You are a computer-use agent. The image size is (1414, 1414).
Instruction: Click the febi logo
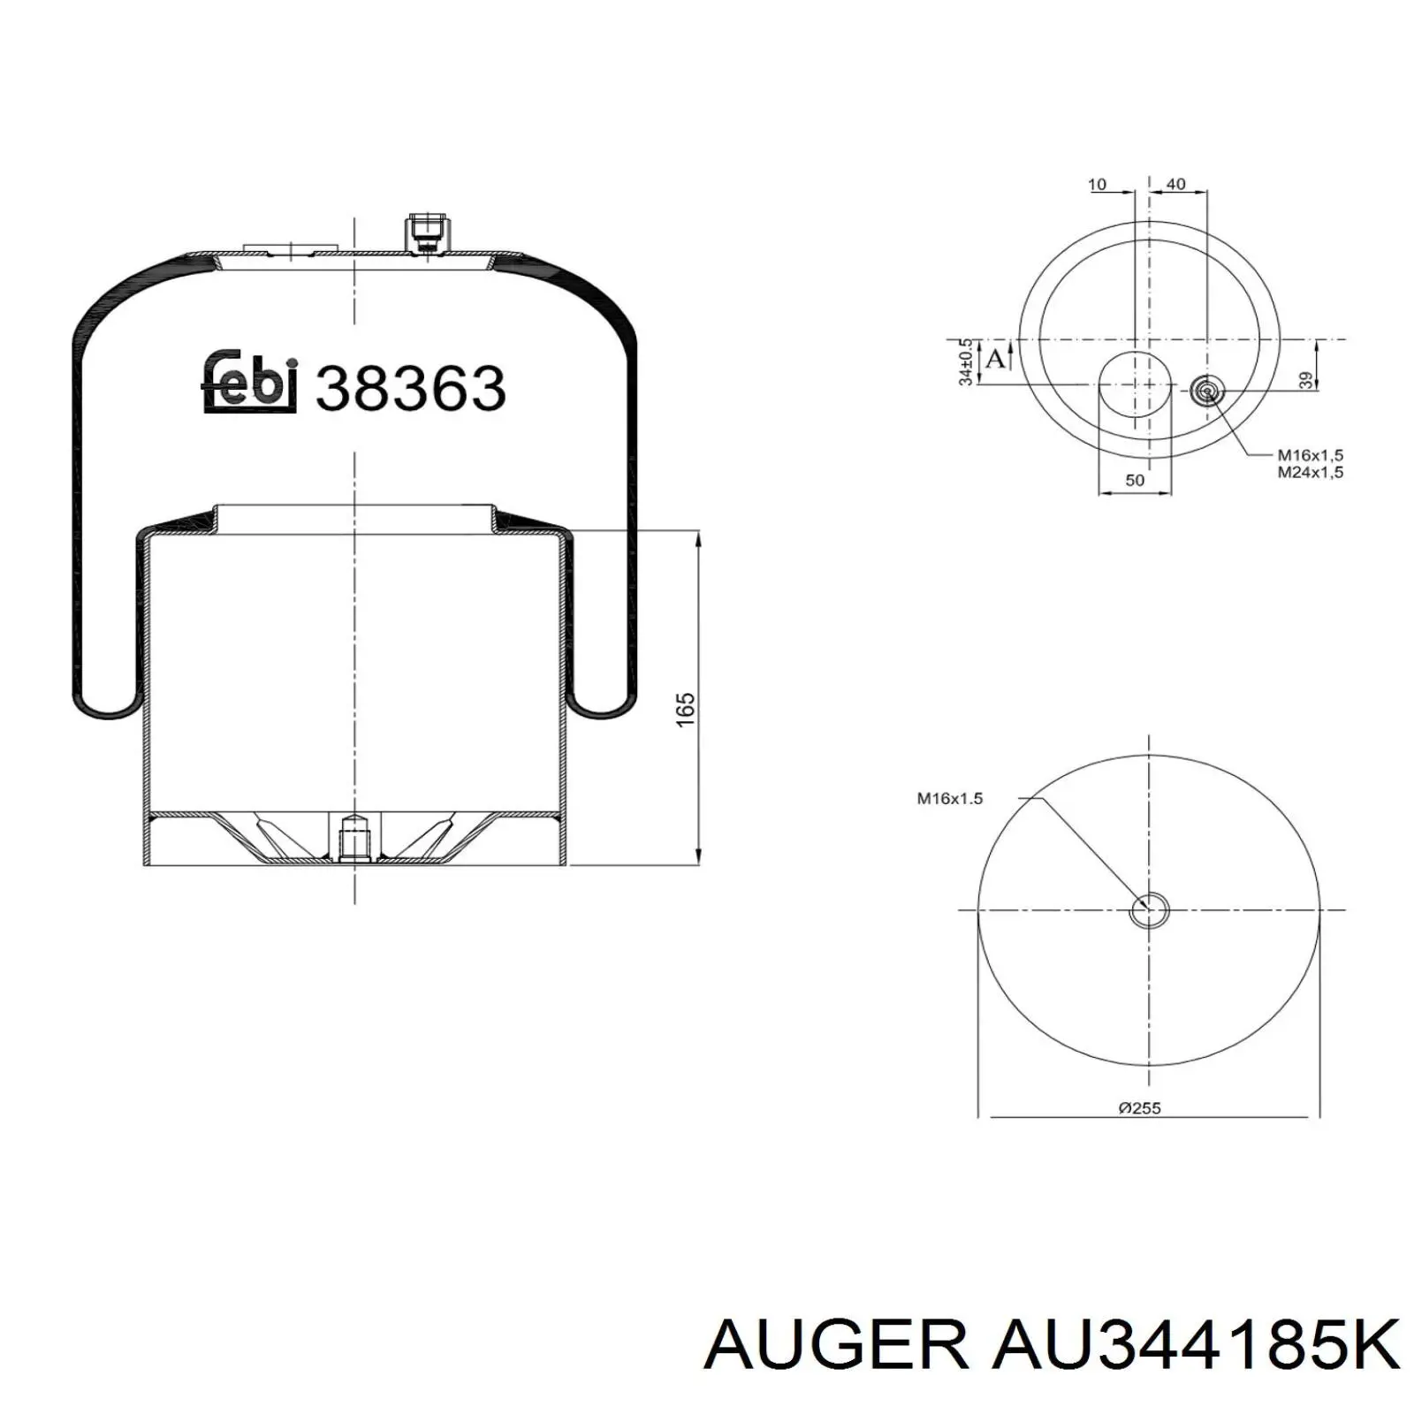(251, 382)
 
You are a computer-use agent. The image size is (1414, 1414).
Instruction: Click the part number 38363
(411, 388)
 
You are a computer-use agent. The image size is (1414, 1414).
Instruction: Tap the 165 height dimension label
(686, 710)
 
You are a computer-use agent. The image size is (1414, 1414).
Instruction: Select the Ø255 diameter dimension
(1139, 1107)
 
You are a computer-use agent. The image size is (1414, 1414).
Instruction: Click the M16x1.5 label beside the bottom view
(949, 798)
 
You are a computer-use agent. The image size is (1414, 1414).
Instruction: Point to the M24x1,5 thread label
(1311, 472)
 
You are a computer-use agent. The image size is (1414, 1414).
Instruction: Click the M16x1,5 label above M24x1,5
(1311, 455)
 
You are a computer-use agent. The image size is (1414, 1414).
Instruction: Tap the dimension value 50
(1135, 480)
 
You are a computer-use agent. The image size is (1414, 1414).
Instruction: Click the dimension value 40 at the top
(1176, 184)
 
